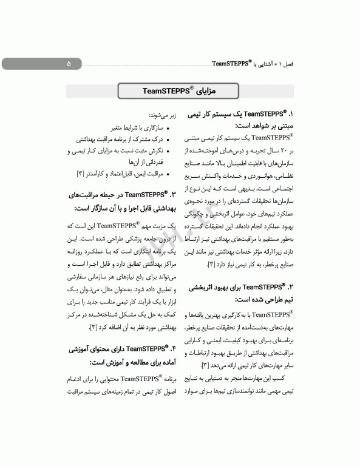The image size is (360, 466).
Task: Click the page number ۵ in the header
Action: click(69, 63)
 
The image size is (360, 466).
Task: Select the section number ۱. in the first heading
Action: click(291, 114)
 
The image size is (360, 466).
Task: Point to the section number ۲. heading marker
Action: click(291, 286)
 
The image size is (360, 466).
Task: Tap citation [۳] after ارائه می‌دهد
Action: click(205, 365)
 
